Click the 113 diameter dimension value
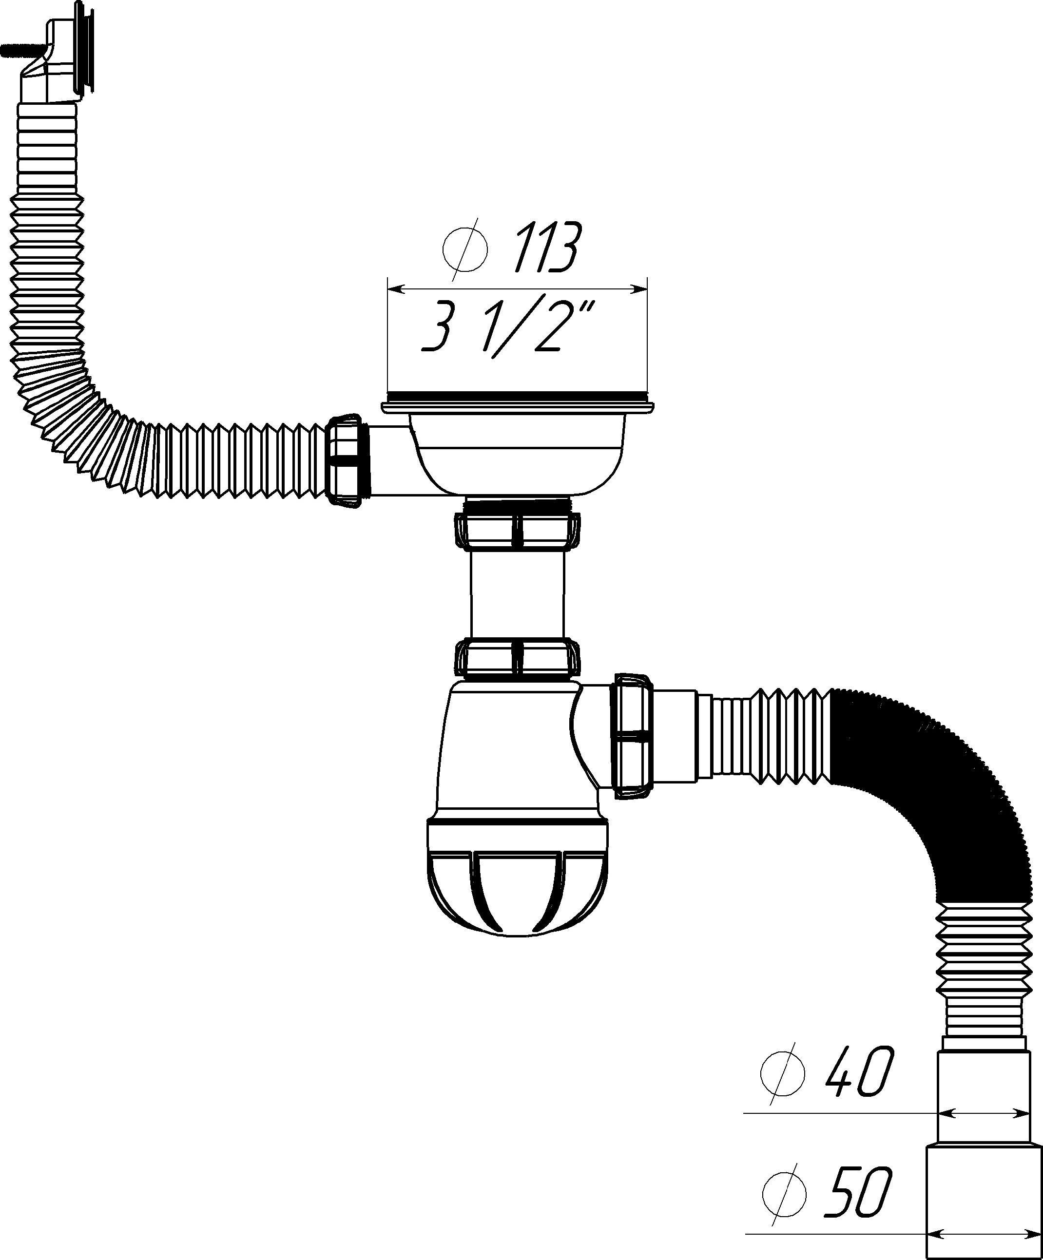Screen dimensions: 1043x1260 pyautogui.click(x=546, y=247)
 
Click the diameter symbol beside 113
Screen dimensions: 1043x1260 pyautogui.click(x=464, y=248)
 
